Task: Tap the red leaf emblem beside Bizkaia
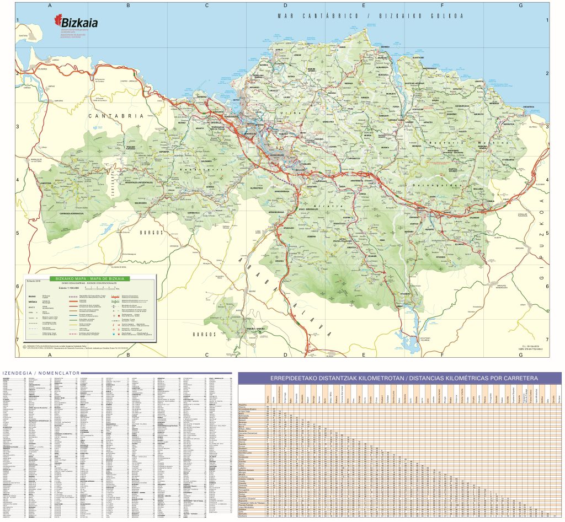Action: pyautogui.click(x=57, y=21)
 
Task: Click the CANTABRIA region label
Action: pyautogui.click(x=116, y=116)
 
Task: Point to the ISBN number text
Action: pyautogui.click(x=530, y=349)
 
